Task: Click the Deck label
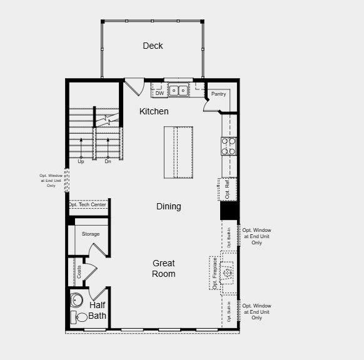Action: point(153,46)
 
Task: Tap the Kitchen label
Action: point(154,111)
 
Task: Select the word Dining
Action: point(168,206)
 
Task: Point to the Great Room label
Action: point(163,269)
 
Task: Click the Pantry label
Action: point(218,94)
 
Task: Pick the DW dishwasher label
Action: point(159,94)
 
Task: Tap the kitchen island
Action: point(178,152)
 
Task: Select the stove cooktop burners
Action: point(228,146)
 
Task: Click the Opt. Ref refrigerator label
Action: point(228,189)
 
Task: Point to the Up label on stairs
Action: point(81,161)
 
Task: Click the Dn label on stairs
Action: point(108,161)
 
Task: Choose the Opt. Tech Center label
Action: point(88,204)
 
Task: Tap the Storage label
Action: point(91,234)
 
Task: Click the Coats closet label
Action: point(79,272)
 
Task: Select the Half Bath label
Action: point(98,310)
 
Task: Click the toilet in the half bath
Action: point(79,317)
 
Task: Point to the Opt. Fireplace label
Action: point(215,273)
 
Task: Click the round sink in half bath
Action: point(77,299)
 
